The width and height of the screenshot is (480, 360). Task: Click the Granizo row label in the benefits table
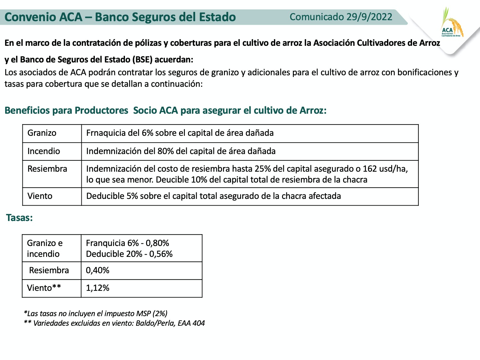[x=42, y=133]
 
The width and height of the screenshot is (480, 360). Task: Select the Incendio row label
[x=44, y=151]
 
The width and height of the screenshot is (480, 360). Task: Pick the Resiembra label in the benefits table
[x=47, y=169]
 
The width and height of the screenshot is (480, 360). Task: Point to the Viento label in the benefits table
[x=40, y=196]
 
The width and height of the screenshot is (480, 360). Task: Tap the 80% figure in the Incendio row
[x=166, y=151]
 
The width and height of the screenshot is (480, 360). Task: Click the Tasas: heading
[x=19, y=218]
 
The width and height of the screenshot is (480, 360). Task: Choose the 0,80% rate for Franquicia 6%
[x=157, y=243]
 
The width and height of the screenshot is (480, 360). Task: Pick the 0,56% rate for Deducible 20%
[x=161, y=254]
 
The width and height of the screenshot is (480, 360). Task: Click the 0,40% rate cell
[x=97, y=270]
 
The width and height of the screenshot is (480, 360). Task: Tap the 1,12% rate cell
[x=97, y=288]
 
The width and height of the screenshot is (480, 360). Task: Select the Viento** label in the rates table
[x=44, y=288]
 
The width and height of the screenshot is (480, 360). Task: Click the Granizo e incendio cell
[x=45, y=248]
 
